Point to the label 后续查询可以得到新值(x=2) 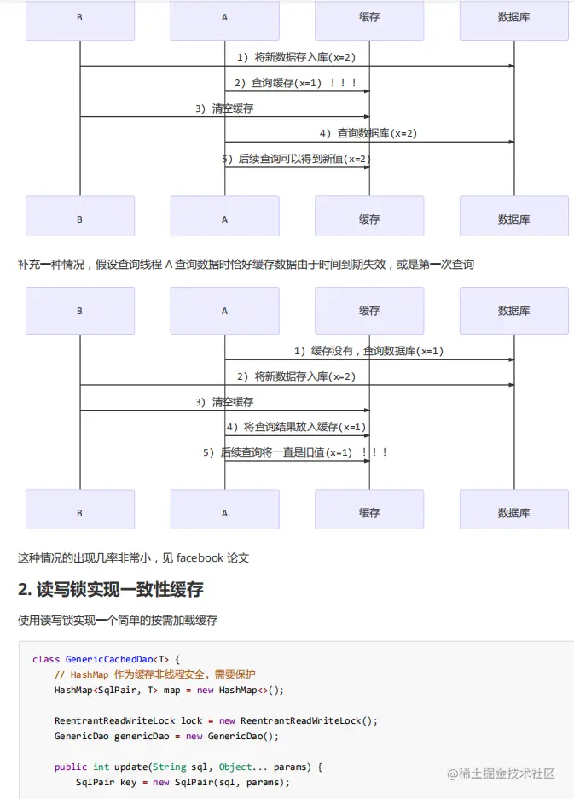[296, 159]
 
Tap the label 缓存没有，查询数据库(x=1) [368, 351]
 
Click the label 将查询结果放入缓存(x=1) [296, 427]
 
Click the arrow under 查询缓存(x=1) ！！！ [296, 91]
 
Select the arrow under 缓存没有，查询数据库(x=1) [368, 359]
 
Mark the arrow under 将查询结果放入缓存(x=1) [296, 435]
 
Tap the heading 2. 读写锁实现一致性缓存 [111, 590]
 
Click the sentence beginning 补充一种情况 [246, 265]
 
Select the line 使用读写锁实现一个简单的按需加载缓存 [118, 621]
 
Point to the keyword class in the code [46, 660]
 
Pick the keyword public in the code [71, 767]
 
